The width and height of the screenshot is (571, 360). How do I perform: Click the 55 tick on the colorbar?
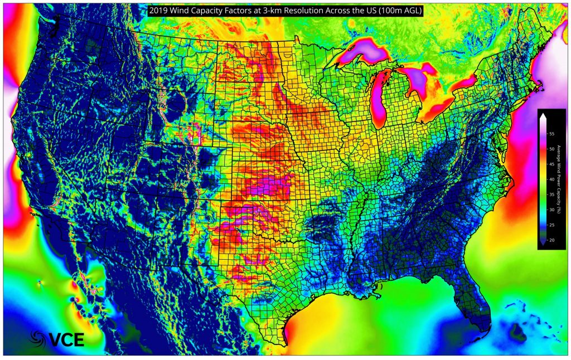tap(551, 134)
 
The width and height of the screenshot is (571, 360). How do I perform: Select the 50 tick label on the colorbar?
tap(551, 149)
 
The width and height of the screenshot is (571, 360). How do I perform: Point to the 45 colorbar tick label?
tap(551, 164)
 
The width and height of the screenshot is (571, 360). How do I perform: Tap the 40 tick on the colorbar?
tap(551, 179)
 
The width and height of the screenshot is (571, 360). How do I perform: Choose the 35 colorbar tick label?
tap(551, 194)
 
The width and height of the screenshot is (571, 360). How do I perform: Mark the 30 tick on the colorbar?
tap(551, 210)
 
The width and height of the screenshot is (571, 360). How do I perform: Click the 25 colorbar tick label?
tap(551, 225)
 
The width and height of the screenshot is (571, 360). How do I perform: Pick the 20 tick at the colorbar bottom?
tap(551, 240)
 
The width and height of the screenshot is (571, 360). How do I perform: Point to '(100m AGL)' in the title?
tap(400, 9)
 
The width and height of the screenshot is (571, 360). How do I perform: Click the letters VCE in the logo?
tap(66, 338)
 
